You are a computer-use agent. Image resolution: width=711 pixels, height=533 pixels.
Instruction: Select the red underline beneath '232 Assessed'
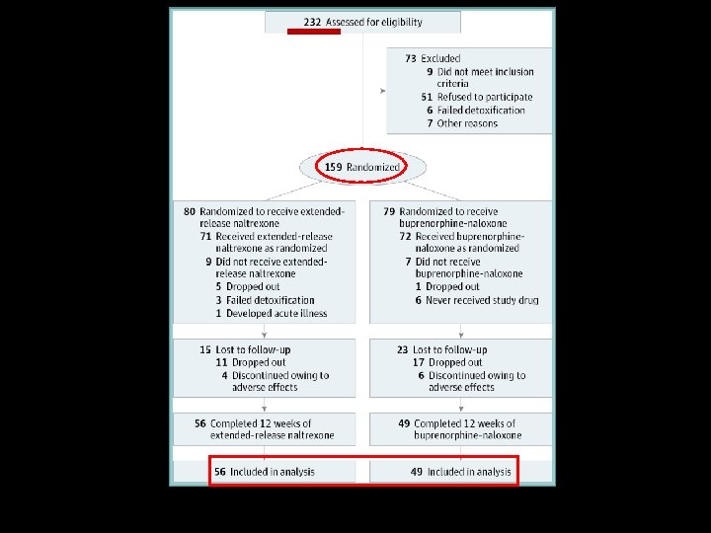313,32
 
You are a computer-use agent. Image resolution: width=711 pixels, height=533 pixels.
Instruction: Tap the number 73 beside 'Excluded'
411,59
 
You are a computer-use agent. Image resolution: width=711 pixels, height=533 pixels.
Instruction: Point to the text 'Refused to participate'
485,97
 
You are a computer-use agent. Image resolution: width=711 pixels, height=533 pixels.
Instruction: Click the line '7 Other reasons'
461,123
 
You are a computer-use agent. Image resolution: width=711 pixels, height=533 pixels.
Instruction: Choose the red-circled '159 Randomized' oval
362,168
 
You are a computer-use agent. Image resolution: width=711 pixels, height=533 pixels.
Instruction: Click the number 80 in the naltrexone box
190,211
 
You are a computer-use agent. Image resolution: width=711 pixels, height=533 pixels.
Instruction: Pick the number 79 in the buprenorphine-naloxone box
389,211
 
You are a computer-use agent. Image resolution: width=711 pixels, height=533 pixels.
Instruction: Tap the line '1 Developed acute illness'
271,313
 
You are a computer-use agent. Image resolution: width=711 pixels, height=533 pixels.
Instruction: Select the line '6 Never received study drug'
476,300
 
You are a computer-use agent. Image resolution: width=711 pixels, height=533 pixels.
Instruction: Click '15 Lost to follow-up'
245,349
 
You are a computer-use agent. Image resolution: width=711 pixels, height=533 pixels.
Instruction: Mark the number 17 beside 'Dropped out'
419,362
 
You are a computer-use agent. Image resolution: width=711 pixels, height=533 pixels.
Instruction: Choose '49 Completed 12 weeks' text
456,423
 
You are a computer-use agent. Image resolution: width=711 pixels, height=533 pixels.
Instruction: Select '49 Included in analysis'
461,472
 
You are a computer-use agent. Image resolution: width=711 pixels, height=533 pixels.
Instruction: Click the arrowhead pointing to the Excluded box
382,91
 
